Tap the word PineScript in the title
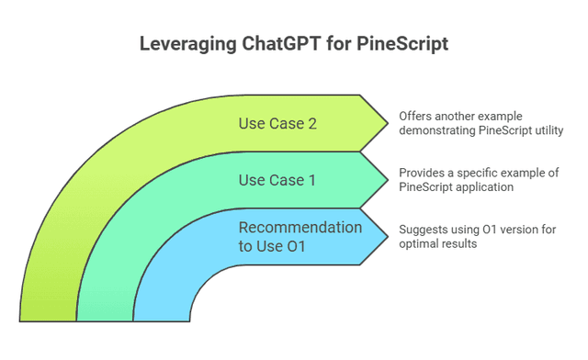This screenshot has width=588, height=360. pyautogui.click(x=405, y=43)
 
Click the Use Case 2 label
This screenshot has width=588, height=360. pyautogui.click(x=277, y=123)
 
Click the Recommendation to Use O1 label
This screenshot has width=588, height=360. pyautogui.click(x=300, y=236)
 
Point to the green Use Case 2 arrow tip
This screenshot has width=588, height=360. pyautogui.click(x=379, y=122)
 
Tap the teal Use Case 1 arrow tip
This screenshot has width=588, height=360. pyautogui.click(x=379, y=179)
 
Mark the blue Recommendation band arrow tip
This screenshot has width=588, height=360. pyautogui.click(x=379, y=236)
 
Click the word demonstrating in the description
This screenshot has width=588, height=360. pyautogui.click(x=437, y=131)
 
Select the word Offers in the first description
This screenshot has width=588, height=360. pyautogui.click(x=414, y=117)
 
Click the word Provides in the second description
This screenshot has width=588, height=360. pyautogui.click(x=422, y=173)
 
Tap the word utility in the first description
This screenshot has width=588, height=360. pyautogui.click(x=544, y=131)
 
